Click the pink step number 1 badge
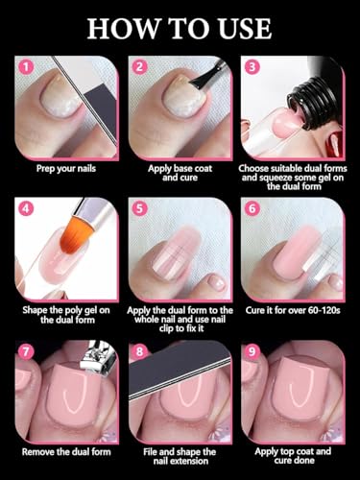(x=27, y=67)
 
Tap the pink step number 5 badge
(x=140, y=208)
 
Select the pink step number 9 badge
(x=252, y=351)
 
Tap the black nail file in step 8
(x=180, y=372)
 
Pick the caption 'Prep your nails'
(x=66, y=168)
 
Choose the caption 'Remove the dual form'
(x=66, y=452)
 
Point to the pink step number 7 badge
(x=26, y=351)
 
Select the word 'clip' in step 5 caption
(x=166, y=328)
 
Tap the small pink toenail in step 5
(x=217, y=282)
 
